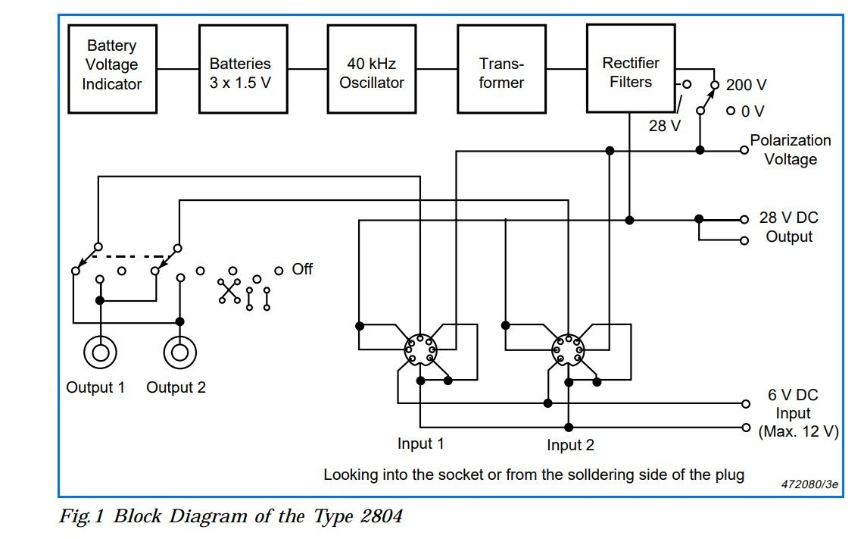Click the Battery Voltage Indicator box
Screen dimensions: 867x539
coord(112,69)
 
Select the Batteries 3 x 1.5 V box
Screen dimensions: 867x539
coord(243,69)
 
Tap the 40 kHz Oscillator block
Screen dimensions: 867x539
coord(372,69)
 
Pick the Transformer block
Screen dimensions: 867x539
coord(501,69)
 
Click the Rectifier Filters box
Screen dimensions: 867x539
coord(631,69)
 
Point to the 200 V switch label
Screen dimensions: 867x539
coord(746,85)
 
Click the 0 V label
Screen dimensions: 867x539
coord(753,111)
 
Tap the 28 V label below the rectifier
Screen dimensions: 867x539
coord(665,126)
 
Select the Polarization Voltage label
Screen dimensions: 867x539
coord(791,149)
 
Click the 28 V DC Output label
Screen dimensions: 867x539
coord(789,227)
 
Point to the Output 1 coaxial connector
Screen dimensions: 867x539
coord(100,352)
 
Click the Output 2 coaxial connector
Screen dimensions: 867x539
coord(179,352)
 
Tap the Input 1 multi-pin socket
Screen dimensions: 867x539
coord(420,349)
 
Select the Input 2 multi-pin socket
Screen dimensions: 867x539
coord(568,349)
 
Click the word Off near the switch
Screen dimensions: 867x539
coord(302,270)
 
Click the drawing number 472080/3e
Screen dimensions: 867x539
coord(809,484)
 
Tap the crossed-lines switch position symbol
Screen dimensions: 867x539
coord(229,291)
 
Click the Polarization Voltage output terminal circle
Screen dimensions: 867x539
coord(744,150)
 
